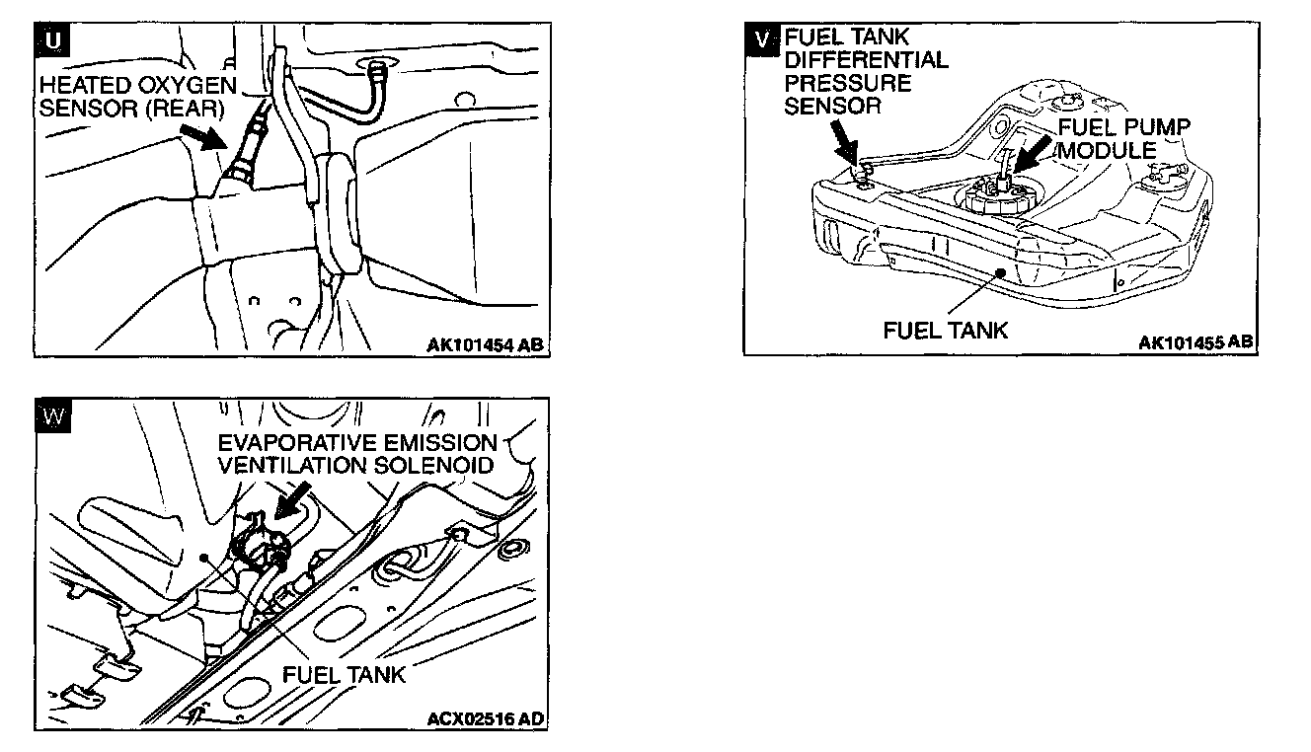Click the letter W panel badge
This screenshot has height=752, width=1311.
54,416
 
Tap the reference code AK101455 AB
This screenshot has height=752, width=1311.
1195,342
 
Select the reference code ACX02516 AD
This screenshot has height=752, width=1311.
485,718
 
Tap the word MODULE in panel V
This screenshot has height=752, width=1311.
1107,150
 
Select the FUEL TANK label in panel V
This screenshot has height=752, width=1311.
945,330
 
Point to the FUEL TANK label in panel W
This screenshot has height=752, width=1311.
344,674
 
